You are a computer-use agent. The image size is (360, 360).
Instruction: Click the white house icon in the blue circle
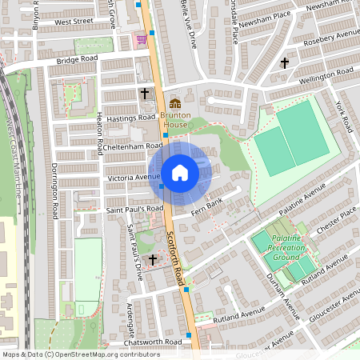coord(180,172)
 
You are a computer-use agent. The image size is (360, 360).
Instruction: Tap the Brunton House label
coord(175,120)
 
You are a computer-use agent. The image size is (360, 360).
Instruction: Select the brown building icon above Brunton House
coord(175,103)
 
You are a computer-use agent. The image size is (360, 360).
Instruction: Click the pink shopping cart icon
coord(142,38)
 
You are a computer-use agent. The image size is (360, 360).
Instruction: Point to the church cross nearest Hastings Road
coord(145,94)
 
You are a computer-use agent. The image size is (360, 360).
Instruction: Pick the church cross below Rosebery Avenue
coord(284,62)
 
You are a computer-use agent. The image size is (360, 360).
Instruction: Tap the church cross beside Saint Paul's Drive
coord(152,259)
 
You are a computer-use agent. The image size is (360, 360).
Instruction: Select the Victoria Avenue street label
coord(134,177)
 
